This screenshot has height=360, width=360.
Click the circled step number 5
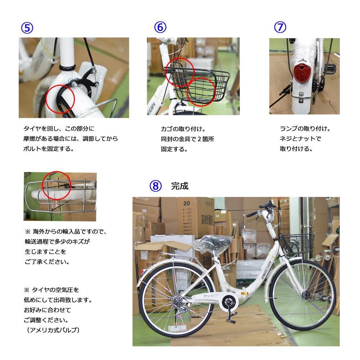click(x=27, y=28)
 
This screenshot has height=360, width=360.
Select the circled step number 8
click(x=155, y=186)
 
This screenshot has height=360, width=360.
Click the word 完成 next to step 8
click(x=180, y=186)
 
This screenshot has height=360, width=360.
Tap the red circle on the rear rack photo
click(x=57, y=185)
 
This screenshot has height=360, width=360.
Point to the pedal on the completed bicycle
click(x=230, y=319)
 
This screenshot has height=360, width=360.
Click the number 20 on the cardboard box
click(x=186, y=203)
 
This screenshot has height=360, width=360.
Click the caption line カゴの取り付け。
click(x=183, y=129)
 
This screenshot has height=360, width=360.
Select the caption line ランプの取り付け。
click(x=305, y=129)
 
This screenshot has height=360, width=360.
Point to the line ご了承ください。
click(x=47, y=262)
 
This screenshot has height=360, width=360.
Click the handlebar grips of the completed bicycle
click(x=252, y=214)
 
